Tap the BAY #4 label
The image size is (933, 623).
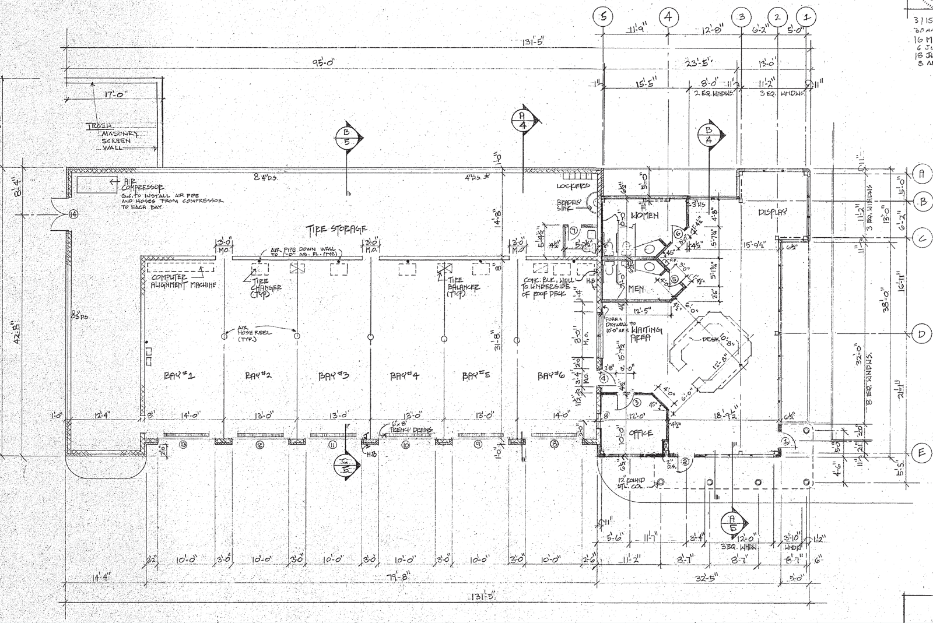pos(404,376)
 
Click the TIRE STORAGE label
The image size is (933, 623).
pos(337,228)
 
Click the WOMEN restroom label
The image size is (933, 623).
pos(644,216)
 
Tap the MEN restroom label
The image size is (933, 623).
pos(636,288)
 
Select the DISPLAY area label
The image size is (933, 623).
pos(773,213)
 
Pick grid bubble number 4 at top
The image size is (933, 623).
pos(668,17)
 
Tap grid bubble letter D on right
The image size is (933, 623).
pos(921,333)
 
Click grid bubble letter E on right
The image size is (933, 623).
pos(921,453)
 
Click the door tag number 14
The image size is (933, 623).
pos(73,214)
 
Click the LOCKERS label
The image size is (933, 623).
pos(574,185)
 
